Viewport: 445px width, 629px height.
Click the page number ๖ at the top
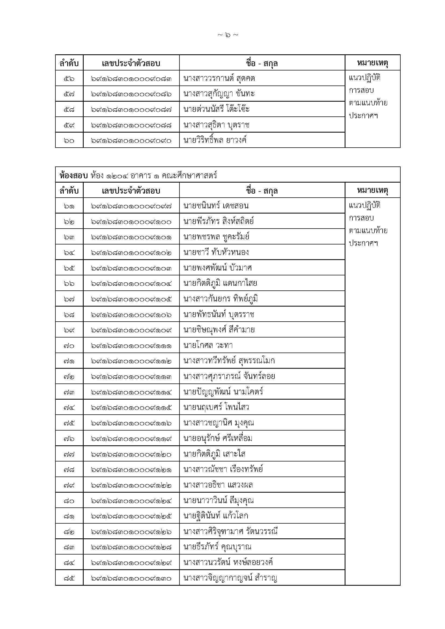(x=228, y=35)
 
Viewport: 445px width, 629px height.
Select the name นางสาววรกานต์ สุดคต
(x=219, y=79)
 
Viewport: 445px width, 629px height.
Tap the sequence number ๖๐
(x=69, y=141)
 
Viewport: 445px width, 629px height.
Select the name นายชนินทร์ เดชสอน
(x=216, y=206)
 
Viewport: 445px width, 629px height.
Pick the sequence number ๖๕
(x=69, y=268)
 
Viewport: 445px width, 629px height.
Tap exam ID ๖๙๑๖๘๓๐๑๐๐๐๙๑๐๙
(x=131, y=330)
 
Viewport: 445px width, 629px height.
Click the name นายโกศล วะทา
(x=208, y=346)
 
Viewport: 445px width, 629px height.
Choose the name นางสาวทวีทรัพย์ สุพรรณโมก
(x=229, y=361)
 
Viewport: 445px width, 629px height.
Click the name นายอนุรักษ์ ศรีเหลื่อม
(x=218, y=439)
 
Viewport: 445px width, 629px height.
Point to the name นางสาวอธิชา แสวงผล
(x=218, y=485)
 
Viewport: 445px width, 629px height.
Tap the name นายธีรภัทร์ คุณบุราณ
(x=217, y=547)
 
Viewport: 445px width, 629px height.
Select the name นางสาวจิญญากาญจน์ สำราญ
(x=230, y=578)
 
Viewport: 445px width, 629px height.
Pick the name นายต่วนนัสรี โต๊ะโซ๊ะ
(x=217, y=109)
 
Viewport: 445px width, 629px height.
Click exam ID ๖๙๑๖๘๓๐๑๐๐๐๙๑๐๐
(x=131, y=222)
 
